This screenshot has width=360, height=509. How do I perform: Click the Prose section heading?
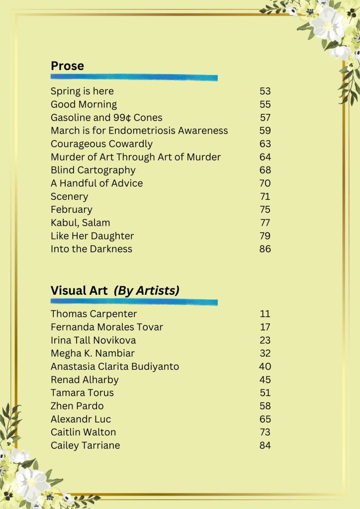click(67, 66)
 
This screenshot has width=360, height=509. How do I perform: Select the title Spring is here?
click(82, 91)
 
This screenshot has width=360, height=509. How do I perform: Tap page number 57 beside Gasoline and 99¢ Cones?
click(265, 118)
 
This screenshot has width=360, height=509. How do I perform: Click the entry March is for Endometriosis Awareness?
click(139, 131)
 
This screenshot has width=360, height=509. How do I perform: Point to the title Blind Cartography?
click(93, 170)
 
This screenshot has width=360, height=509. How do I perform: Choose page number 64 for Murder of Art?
click(265, 157)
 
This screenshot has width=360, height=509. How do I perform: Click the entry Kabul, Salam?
click(81, 223)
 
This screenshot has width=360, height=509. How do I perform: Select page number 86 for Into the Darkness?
click(265, 249)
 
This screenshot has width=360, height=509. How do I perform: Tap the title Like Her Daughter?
click(92, 236)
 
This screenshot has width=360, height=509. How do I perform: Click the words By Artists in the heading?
click(147, 290)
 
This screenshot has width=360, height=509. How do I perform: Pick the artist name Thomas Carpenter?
click(93, 314)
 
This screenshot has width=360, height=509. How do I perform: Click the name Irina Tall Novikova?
click(93, 340)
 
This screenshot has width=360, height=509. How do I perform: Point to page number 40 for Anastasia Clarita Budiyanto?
click(265, 366)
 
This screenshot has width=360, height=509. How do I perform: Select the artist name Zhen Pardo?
click(77, 406)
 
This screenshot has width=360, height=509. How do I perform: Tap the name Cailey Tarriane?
click(85, 445)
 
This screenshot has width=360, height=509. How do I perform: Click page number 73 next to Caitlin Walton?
click(265, 432)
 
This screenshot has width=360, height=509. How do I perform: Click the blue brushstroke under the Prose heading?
click(134, 78)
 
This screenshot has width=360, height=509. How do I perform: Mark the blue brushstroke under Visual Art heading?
click(134, 302)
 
